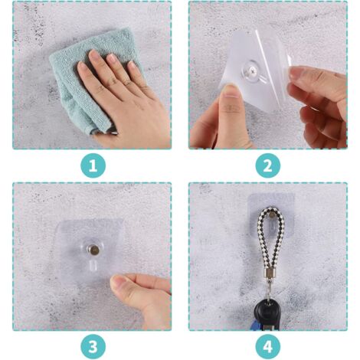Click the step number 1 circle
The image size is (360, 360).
[x=93, y=165]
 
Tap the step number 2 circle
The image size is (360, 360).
[x=267, y=165]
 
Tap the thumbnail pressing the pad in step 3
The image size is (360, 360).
[x=119, y=283]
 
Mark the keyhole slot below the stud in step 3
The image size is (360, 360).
[x=91, y=267]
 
